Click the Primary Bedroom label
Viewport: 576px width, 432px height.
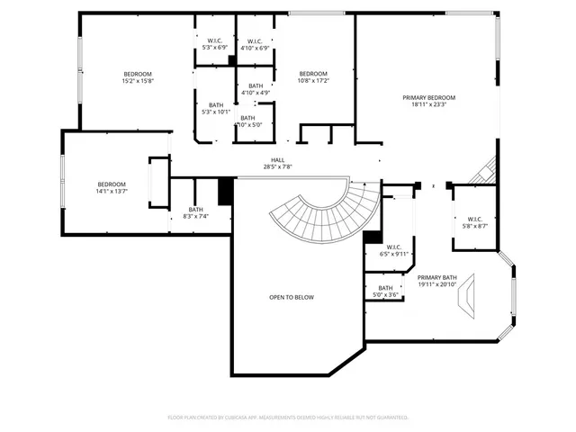[x=428, y=97]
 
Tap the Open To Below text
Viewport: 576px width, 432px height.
[x=292, y=297]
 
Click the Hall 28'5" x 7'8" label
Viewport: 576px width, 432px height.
[x=277, y=163]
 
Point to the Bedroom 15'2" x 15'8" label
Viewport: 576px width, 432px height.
[x=138, y=77]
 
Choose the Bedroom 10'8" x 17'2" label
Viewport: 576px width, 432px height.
[x=313, y=77]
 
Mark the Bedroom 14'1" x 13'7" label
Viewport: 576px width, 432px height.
[x=112, y=187]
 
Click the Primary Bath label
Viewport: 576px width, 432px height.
[x=437, y=281]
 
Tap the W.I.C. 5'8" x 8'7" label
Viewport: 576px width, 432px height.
[x=476, y=222]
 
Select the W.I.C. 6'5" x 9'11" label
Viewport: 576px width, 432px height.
[x=395, y=250]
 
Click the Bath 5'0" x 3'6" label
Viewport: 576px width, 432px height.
[x=385, y=292]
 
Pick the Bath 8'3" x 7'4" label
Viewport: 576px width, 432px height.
[x=195, y=213]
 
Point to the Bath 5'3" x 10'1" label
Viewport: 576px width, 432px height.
[x=216, y=108]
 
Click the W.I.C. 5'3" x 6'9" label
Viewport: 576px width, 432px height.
[x=215, y=44]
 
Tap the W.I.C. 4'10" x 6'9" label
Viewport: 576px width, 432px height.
[x=253, y=44]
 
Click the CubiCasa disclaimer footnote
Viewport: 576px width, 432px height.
[x=288, y=418]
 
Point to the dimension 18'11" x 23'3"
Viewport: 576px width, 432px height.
[x=428, y=103]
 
